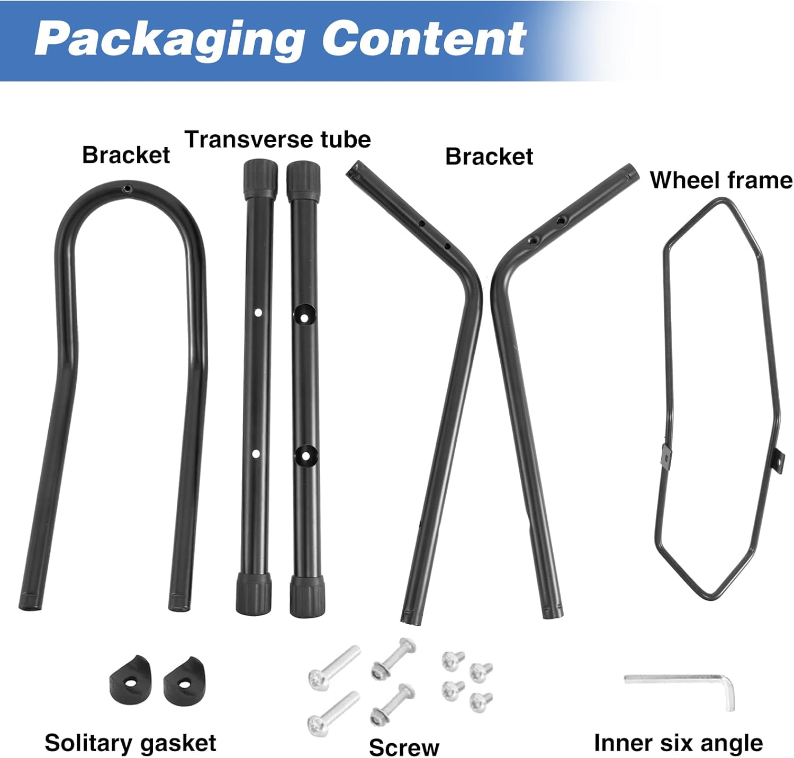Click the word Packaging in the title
tap(169, 40)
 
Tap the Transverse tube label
tap(277, 140)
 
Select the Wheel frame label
tap(721, 180)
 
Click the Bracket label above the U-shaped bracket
tap(126, 155)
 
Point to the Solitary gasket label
tap(130, 743)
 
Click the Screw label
tap(404, 747)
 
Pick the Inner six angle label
tap(678, 743)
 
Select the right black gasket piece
tap(183, 682)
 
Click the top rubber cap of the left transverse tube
tap(260, 178)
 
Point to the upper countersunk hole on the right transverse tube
tap(304, 316)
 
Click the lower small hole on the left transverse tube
tap(256, 454)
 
